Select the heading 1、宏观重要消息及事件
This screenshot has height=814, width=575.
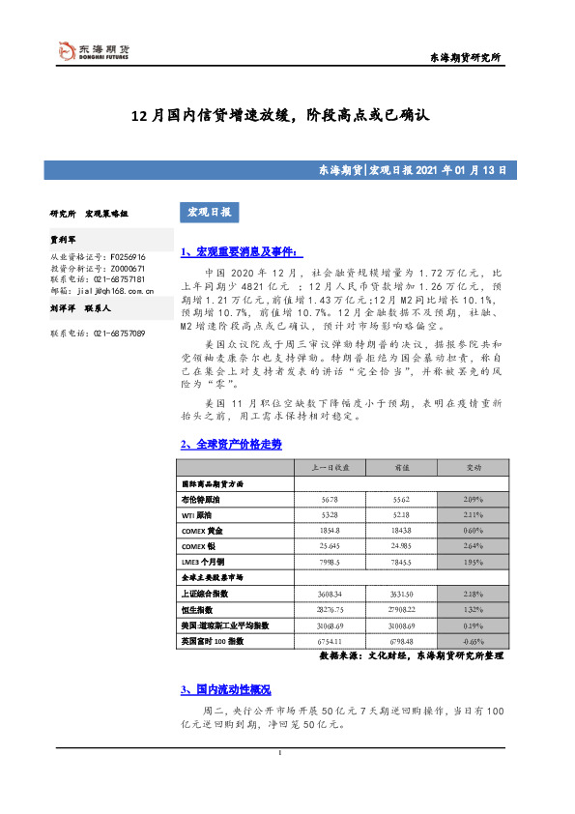229,251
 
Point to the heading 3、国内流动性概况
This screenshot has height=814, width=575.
226,689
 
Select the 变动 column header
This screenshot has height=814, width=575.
474,467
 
